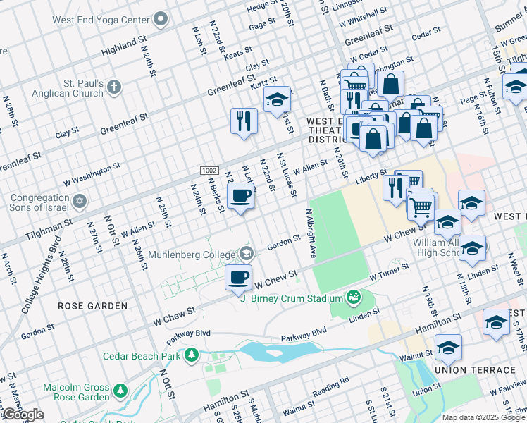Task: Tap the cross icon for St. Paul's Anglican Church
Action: [113, 87]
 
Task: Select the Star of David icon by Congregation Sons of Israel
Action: [79, 202]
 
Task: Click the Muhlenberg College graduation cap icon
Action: [246, 252]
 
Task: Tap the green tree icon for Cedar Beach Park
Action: [191, 355]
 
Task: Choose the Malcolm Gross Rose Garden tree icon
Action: [120, 389]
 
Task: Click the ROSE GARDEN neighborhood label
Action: [93, 306]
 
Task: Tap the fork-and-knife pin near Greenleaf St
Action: [243, 120]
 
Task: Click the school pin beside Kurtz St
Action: [278, 99]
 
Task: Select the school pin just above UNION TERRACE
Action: [448, 347]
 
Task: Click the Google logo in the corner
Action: [23, 415]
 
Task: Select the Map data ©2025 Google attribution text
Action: [483, 417]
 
